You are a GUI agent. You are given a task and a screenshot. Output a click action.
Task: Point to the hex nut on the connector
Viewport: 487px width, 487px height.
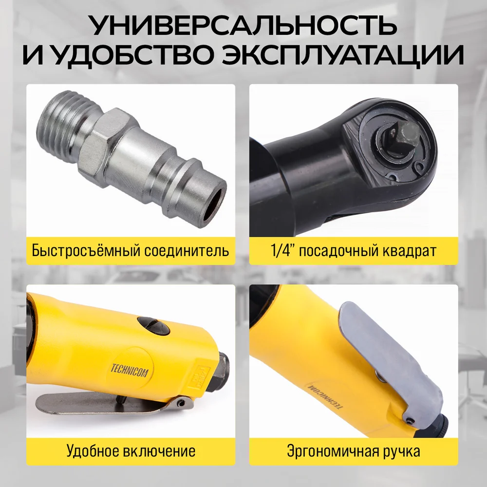tap(102, 146)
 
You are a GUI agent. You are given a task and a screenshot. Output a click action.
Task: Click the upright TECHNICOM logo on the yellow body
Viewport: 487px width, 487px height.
tap(130, 371)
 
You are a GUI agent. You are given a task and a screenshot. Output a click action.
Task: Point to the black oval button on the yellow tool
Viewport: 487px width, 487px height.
tap(153, 326)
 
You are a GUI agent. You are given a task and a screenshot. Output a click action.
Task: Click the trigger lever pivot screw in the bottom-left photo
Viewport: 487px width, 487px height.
tap(181, 403)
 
